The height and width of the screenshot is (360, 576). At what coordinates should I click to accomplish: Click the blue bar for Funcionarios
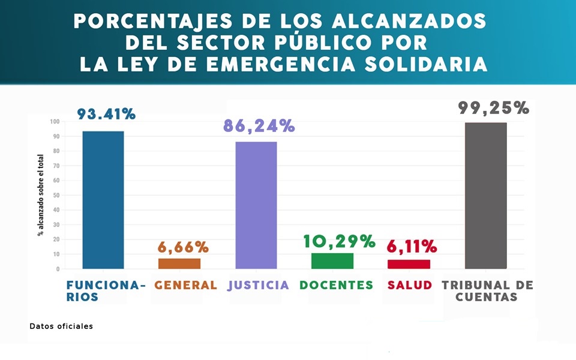click(103, 200)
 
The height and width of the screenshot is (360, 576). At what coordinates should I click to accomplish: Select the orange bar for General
click(179, 263)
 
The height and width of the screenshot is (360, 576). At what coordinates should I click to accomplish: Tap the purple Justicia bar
click(256, 205)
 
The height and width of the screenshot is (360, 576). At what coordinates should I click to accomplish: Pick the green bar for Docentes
click(332, 261)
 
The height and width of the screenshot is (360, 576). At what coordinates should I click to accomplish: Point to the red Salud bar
click(409, 264)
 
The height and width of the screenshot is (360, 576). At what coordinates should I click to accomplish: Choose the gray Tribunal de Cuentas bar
click(485, 196)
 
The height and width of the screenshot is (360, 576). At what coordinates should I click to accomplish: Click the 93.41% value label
click(106, 114)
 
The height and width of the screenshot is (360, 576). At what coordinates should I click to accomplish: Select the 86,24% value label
click(259, 126)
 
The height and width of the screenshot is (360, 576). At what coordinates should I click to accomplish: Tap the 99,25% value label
click(494, 108)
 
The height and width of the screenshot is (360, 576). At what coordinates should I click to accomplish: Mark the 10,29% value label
click(339, 241)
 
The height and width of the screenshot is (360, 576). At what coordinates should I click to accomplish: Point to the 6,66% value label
click(183, 247)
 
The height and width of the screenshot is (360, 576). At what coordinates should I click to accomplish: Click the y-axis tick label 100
click(55, 122)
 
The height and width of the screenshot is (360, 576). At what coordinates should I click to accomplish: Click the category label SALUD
click(410, 286)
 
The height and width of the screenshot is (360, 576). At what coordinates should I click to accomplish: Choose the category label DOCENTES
click(336, 286)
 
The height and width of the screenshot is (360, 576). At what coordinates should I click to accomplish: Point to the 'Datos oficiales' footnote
click(61, 326)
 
